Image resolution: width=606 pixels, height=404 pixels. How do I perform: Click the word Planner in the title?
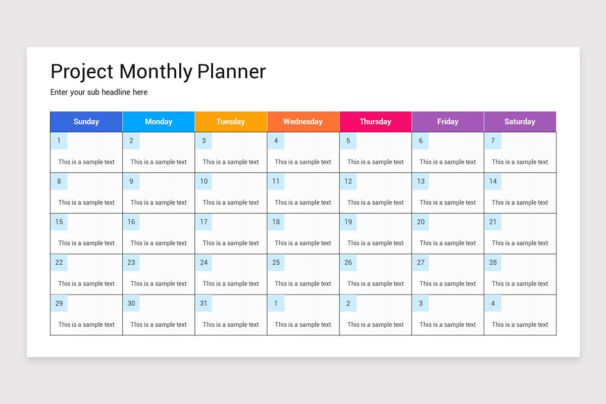(x=231, y=72)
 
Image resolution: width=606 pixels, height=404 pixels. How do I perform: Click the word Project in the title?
(x=82, y=72)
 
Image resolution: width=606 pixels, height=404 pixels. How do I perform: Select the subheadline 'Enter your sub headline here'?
(x=99, y=92)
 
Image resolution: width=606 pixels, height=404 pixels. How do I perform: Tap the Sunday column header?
(x=86, y=122)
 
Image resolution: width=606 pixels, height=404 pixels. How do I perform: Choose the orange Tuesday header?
(x=231, y=122)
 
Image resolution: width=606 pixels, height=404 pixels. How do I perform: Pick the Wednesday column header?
(x=303, y=122)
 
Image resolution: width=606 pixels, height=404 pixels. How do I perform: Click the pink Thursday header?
(x=375, y=122)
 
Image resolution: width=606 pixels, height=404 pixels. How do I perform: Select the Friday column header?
(x=447, y=122)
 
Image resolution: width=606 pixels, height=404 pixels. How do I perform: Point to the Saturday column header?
(x=520, y=122)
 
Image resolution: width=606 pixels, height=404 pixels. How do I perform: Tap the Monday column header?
(x=159, y=122)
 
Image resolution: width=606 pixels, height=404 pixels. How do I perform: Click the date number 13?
(x=421, y=181)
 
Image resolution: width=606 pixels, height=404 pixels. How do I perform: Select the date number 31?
(x=204, y=304)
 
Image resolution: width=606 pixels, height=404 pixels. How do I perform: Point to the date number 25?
(x=276, y=263)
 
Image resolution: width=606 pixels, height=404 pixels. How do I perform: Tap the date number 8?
(x=59, y=181)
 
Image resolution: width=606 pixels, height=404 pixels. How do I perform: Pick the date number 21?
(x=493, y=222)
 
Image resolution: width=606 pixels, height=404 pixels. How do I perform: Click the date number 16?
(x=131, y=222)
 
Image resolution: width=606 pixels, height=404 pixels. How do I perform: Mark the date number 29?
(x=59, y=304)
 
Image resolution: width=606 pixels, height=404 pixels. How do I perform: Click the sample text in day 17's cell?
(x=231, y=243)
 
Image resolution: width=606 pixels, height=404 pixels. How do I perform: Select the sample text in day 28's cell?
(x=520, y=284)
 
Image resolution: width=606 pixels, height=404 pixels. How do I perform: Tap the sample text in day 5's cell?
(x=375, y=162)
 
